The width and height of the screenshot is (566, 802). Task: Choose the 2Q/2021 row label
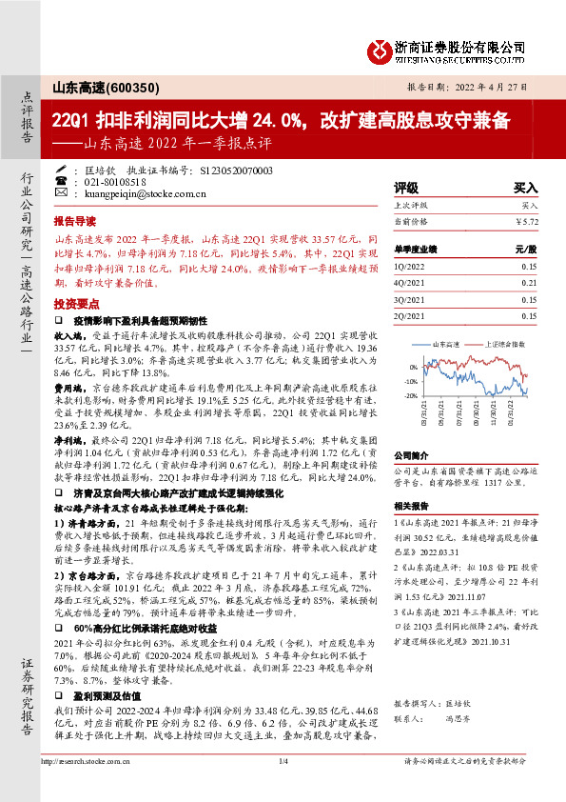[410, 314]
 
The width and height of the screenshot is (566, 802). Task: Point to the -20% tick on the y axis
[410, 395]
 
